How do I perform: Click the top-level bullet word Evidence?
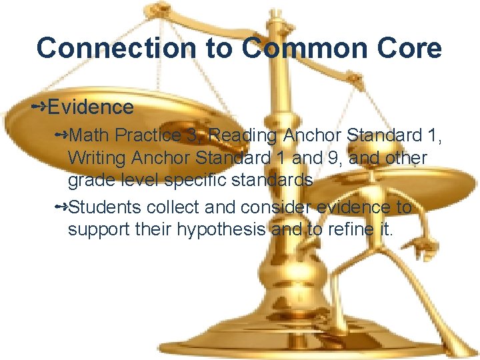point(91,107)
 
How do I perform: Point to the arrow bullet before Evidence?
point(39,106)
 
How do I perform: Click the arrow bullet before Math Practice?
point(61,135)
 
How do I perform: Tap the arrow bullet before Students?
point(61,207)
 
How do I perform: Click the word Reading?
point(244,135)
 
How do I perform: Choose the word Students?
point(104,207)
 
